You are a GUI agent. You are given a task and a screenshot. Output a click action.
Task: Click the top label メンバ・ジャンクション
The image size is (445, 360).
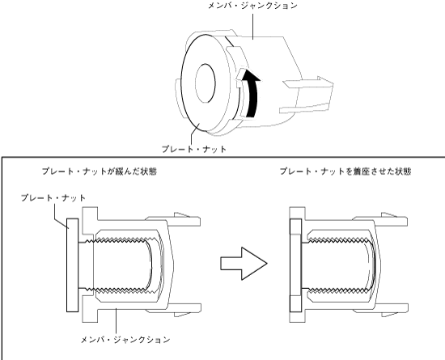(x=253, y=6)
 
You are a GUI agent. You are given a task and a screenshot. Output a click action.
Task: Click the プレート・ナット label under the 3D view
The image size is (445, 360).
(x=194, y=149)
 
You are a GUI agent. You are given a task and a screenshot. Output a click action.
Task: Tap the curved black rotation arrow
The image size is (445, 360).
(x=252, y=93)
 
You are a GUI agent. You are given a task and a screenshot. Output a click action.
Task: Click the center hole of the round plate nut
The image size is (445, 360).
(x=206, y=83)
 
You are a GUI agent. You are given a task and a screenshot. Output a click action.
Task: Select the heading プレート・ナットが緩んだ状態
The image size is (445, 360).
(x=100, y=172)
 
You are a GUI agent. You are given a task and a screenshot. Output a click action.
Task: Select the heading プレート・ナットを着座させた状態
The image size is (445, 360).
(x=345, y=172)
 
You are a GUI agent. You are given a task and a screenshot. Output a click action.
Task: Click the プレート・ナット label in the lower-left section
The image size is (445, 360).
(x=53, y=197)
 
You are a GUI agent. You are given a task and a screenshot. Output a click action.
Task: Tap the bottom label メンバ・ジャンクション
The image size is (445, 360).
(x=125, y=340)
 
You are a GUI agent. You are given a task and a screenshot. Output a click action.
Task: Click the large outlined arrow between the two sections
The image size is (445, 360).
(x=244, y=264)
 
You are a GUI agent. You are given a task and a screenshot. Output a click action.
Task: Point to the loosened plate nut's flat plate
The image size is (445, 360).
(x=72, y=265)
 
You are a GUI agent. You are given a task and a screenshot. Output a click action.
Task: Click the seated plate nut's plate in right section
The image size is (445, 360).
(x=295, y=265)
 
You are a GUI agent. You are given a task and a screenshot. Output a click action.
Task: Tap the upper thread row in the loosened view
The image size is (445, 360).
(x=118, y=240)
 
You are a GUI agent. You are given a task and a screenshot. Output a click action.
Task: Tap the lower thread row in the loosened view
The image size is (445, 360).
(x=118, y=290)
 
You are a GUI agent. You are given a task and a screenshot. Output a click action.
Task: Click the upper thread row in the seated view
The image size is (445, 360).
(x=339, y=240)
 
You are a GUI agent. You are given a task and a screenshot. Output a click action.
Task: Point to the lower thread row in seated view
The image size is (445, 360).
(x=339, y=290)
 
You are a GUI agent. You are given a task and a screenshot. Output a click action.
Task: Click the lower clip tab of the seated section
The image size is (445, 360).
(x=381, y=311)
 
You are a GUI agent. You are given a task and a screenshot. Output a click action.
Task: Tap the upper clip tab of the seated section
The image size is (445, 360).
(x=381, y=219)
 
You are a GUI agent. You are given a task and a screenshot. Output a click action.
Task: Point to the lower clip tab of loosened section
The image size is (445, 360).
(x=174, y=311)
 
